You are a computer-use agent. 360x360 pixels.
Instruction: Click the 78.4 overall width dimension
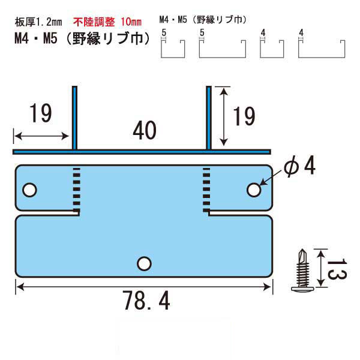(x=146, y=301)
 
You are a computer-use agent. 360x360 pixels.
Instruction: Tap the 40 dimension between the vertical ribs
(x=145, y=130)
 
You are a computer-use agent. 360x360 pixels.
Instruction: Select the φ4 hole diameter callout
(x=299, y=166)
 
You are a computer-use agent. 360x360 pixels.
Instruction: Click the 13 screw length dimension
(x=337, y=269)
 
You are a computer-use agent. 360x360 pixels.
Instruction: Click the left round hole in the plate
(x=29, y=190)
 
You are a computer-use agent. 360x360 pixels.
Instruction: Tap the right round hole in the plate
(x=254, y=190)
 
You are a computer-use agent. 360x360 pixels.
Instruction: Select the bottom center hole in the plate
(x=144, y=263)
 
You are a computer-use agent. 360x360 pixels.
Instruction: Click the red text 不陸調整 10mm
(x=107, y=22)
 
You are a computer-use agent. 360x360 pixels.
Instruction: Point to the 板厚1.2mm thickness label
(x=38, y=22)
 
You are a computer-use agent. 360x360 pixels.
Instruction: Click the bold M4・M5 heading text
(x=36, y=38)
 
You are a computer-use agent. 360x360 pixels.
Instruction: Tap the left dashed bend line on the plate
(x=76, y=190)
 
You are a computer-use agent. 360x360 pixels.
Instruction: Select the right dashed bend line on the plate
(x=206, y=190)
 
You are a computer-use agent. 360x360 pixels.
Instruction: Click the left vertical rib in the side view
(x=74, y=118)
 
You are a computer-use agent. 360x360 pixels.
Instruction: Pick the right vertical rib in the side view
(x=208, y=118)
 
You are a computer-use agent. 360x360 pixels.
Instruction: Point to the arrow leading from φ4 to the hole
(x=271, y=178)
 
